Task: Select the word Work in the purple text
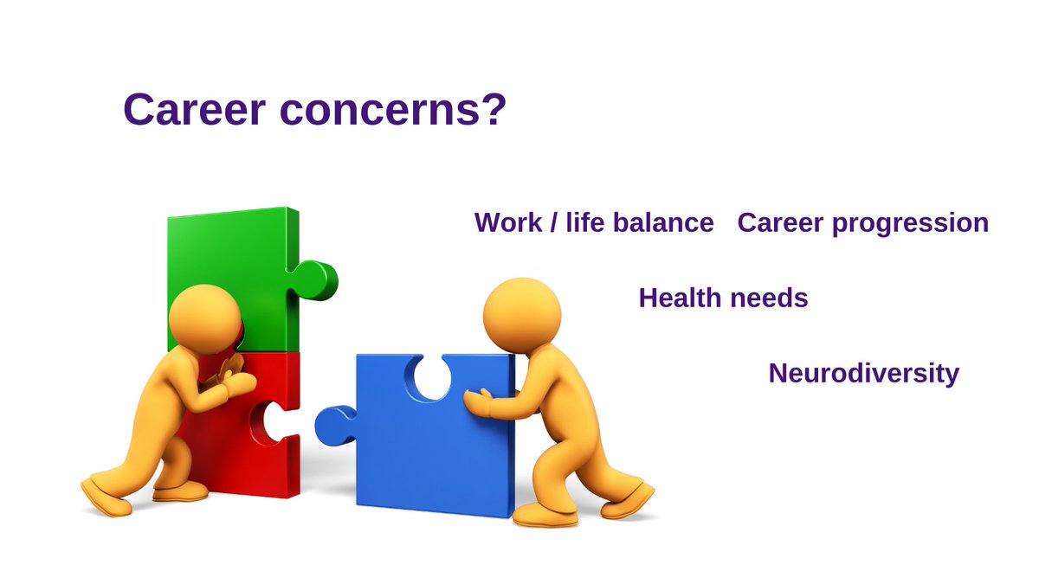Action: [x=507, y=223]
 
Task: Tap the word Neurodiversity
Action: [x=863, y=374]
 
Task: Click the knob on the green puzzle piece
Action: [x=317, y=279]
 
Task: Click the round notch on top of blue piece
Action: [x=431, y=375]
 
